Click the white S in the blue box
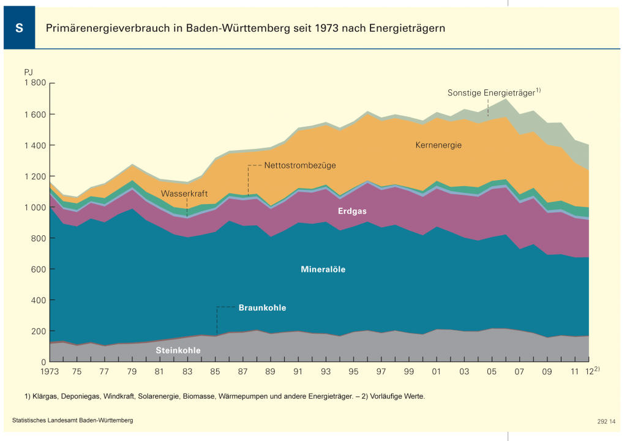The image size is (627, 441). [19, 29]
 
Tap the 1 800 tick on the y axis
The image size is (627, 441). [35, 83]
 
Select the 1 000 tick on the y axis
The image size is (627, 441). [35, 208]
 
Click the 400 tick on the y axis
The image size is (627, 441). [39, 301]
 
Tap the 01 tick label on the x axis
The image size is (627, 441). [437, 372]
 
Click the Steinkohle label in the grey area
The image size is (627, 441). [178, 350]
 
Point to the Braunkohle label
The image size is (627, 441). [262, 307]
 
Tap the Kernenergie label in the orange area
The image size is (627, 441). [438, 145]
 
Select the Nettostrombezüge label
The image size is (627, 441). [300, 165]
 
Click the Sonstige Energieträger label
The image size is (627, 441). [492, 93]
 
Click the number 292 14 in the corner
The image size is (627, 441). [606, 421]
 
